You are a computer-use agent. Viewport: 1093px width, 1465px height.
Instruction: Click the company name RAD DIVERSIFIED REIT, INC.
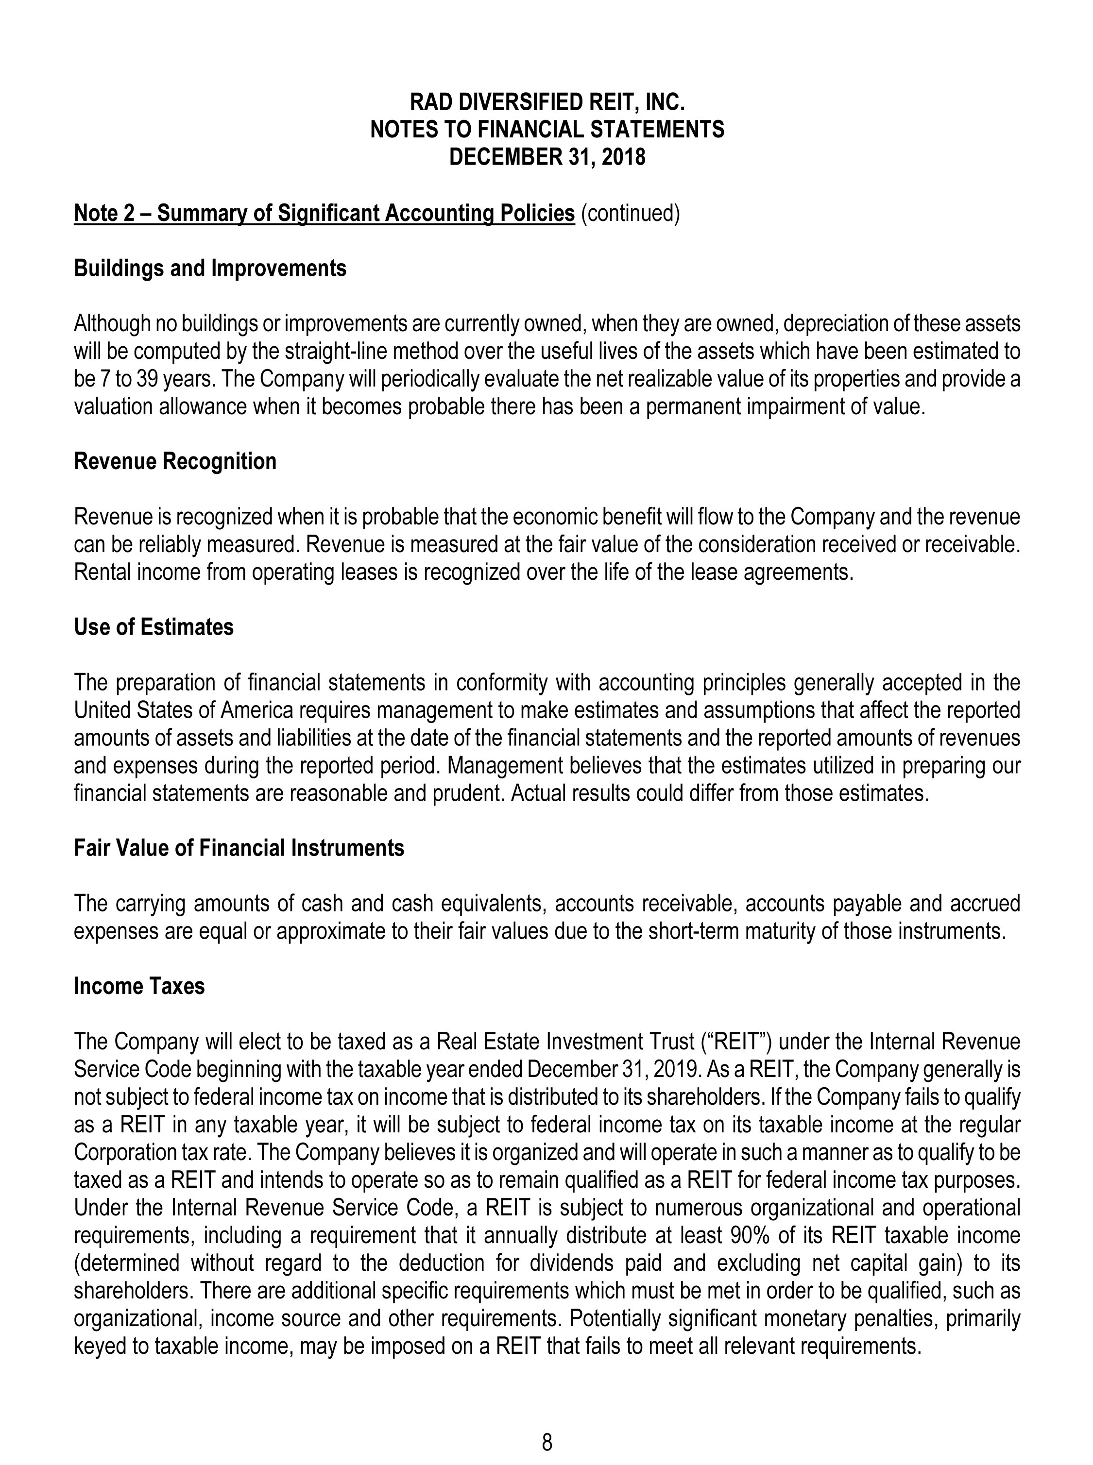coord(546,102)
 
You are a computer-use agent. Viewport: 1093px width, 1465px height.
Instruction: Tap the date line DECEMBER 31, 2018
coord(546,157)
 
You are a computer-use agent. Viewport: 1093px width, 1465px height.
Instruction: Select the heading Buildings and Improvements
coord(210,269)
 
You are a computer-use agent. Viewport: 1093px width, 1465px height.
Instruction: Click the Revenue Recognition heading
coord(175,461)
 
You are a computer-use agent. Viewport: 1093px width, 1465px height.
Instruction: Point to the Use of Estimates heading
coord(154,626)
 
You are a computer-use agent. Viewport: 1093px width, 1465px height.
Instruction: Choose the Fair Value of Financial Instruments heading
coord(239,848)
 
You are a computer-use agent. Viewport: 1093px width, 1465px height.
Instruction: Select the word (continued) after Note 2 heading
coord(630,214)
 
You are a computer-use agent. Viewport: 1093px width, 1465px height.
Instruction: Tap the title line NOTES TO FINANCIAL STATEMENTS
coord(546,130)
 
